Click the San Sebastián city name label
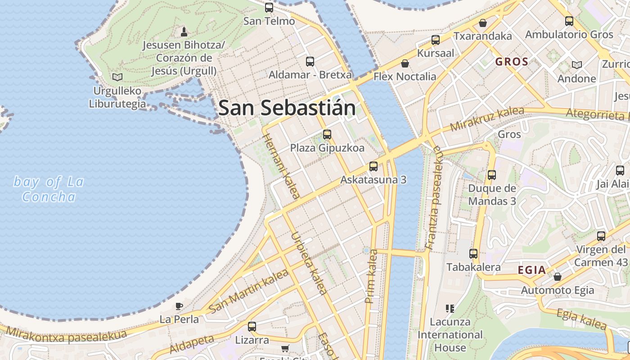[287, 108]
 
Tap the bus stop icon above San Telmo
[269, 7]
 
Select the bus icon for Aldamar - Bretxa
[310, 61]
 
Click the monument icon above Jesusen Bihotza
[184, 31]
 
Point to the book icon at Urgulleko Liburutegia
[117, 77]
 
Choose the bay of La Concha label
[49, 189]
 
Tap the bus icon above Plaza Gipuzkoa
[327, 134]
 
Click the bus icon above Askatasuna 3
[373, 166]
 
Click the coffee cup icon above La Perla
[179, 306]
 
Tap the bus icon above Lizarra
[252, 326]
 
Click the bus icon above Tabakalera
[473, 254]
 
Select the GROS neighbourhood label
[512, 62]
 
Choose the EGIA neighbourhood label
[532, 270]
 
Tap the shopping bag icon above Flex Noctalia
[405, 63]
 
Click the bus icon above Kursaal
[435, 40]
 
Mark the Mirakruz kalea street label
[487, 119]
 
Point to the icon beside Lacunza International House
[450, 308]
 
